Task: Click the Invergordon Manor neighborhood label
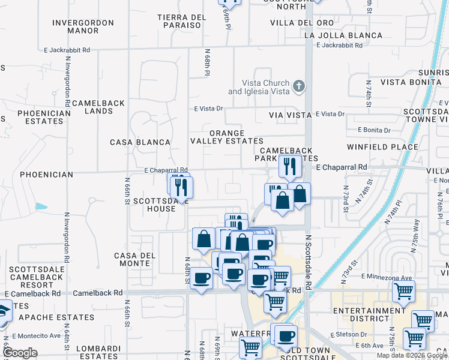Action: (83, 26)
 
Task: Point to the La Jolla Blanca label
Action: (343, 35)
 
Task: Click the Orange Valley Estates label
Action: (227, 137)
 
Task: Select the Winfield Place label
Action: (382, 146)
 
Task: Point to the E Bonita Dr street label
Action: (374, 130)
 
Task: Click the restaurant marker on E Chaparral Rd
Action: (290, 166)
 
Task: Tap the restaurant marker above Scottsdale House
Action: (181, 187)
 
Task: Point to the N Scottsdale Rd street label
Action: (309, 262)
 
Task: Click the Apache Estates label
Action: (56, 317)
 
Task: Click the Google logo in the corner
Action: (20, 353)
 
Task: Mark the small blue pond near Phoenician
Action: (41, 206)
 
